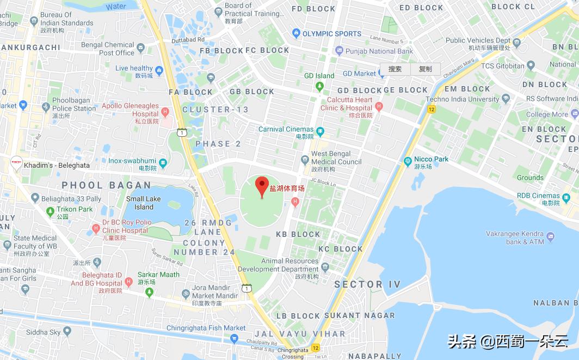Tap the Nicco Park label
(x=431, y=159)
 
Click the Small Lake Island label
(x=144, y=203)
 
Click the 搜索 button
(x=395, y=69)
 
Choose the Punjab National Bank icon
(x=339, y=51)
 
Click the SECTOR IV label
(x=367, y=284)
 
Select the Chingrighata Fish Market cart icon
(x=234, y=338)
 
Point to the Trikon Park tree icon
(x=50, y=209)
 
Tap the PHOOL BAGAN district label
(x=106, y=186)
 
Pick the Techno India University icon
(x=506, y=99)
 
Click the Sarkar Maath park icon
(x=150, y=292)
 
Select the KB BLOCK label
(x=298, y=234)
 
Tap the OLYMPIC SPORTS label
(x=332, y=34)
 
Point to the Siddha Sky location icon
(x=67, y=331)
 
